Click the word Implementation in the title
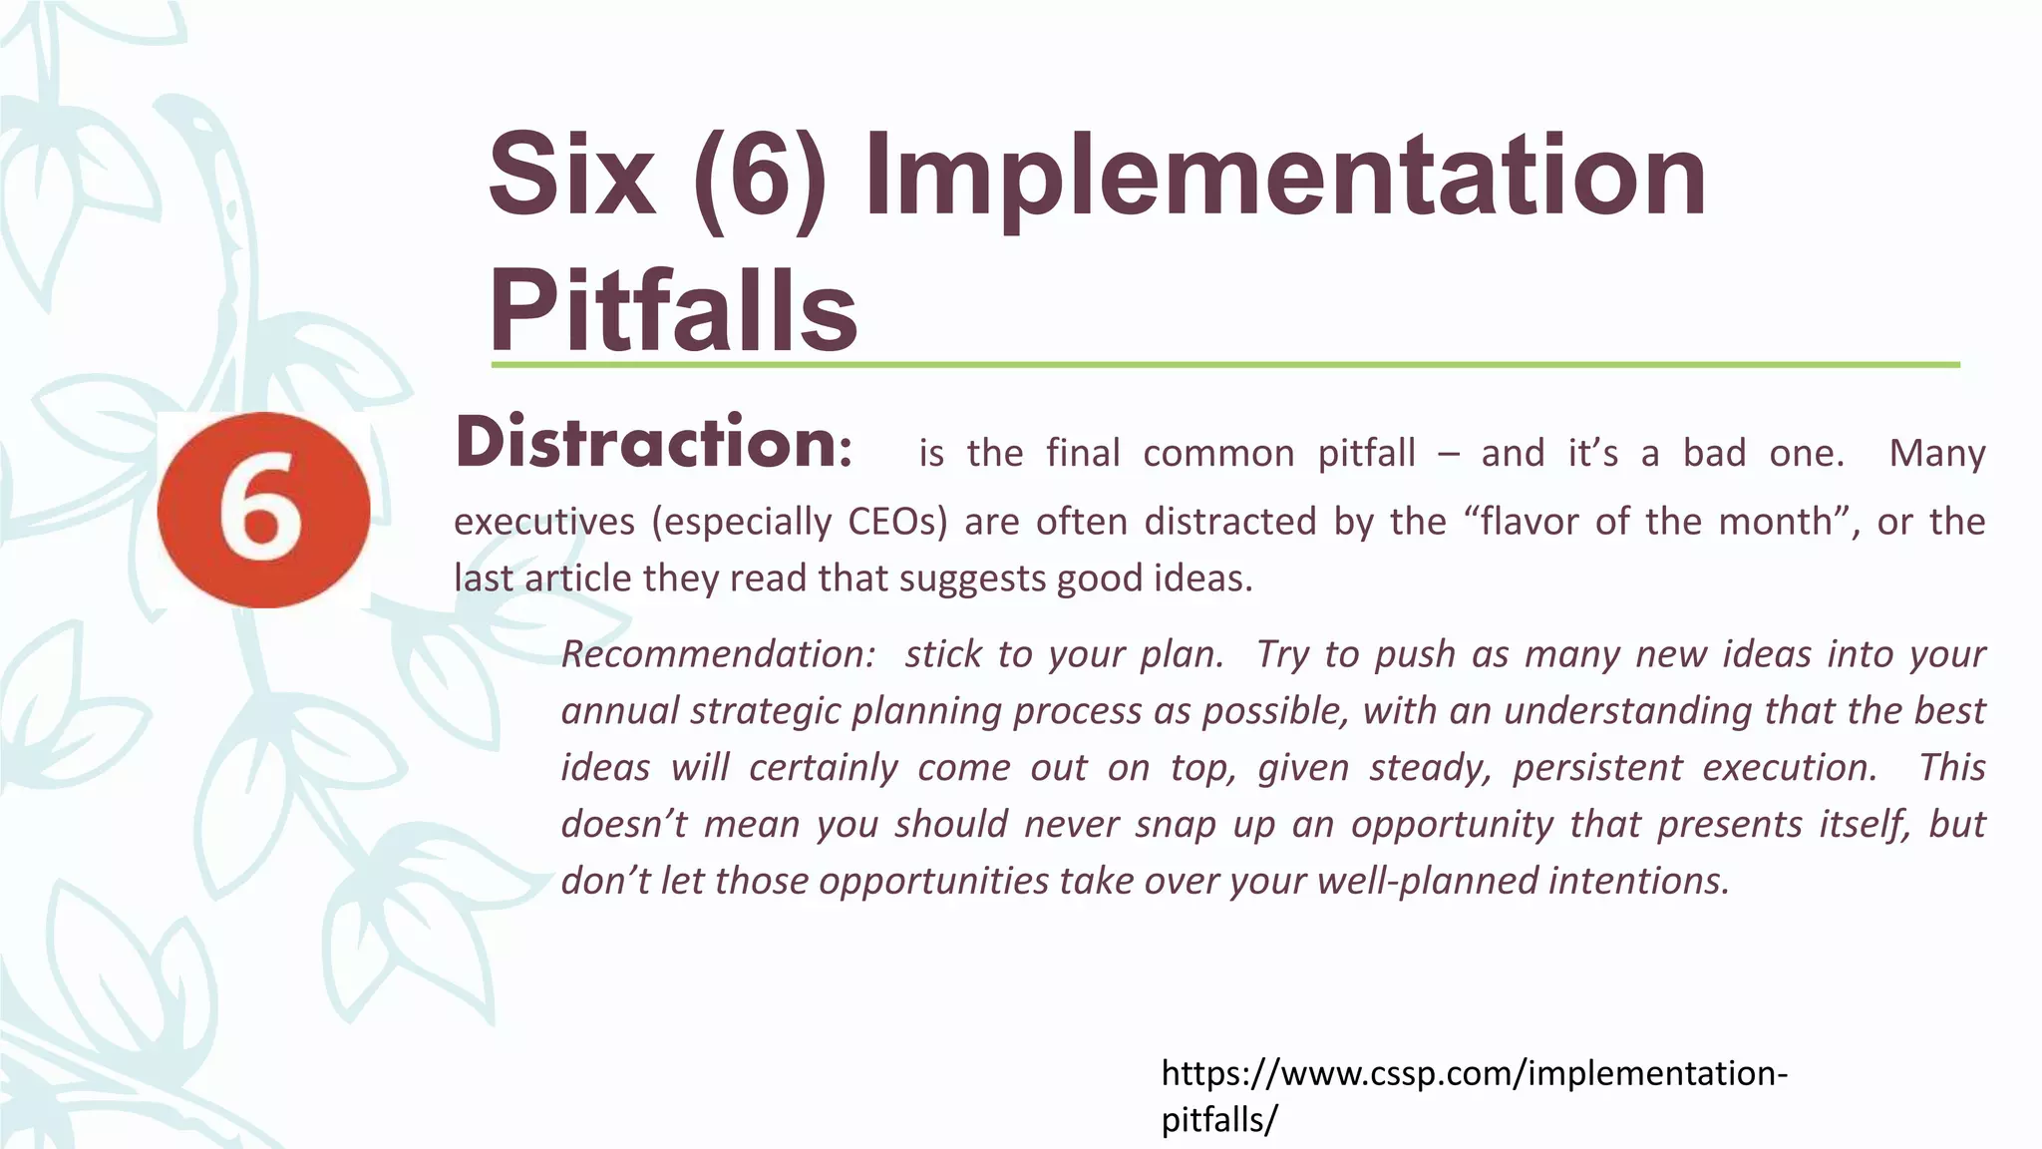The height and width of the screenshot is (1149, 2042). tap(1286, 180)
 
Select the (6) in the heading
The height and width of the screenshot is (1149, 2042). tap(760, 180)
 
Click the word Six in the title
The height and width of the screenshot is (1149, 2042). tap(572, 180)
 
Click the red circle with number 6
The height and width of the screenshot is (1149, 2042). tap(263, 510)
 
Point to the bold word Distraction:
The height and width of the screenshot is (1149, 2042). tap(654, 443)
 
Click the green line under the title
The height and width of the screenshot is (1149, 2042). tap(1224, 365)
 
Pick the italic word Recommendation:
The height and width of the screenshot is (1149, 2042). tap(718, 654)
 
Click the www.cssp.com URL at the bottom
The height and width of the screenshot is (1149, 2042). tap(1474, 1074)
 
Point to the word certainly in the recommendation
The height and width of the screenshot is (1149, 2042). tap(824, 768)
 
